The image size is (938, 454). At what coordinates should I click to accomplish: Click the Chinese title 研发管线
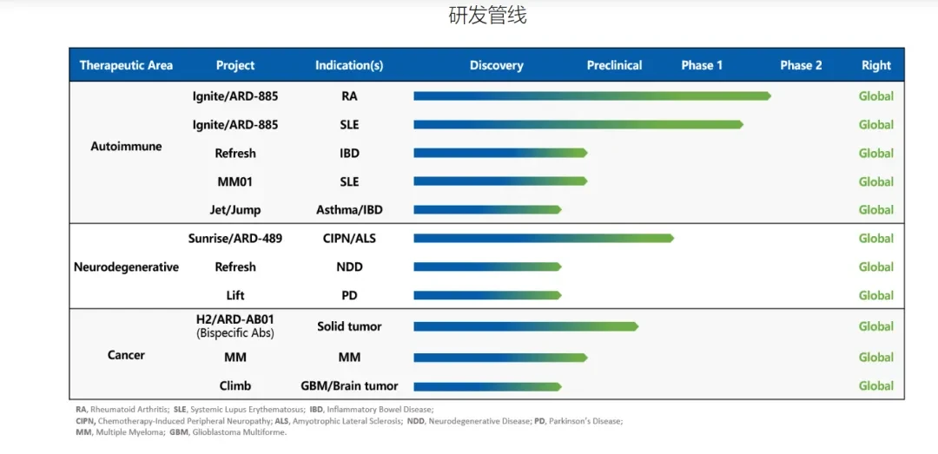[x=487, y=16]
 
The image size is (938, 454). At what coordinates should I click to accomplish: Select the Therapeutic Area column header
[x=126, y=65]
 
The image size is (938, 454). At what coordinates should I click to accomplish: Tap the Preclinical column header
[x=614, y=65]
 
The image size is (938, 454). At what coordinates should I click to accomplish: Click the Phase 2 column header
[x=801, y=65]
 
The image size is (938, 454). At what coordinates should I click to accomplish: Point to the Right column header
[x=876, y=66]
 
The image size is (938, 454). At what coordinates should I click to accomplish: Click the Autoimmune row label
[x=126, y=146]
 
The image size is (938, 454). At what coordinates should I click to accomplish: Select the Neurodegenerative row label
[x=126, y=266]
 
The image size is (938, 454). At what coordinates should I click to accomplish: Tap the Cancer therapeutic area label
[x=126, y=355]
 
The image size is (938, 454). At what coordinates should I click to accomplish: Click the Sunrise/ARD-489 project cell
[x=235, y=238]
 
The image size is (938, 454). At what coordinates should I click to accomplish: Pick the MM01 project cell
[x=235, y=181]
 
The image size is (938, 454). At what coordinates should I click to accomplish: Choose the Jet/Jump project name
[x=235, y=210]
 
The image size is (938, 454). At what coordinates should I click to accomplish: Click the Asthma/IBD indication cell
[x=349, y=210]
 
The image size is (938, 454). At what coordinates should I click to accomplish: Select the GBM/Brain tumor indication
[x=349, y=385]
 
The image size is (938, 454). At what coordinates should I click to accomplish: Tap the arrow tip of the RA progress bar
[x=770, y=95]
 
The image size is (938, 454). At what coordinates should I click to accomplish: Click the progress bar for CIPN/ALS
[x=544, y=238]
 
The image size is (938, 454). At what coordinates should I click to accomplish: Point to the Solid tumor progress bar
[x=525, y=326]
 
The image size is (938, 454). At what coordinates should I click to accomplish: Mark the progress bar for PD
[x=487, y=295]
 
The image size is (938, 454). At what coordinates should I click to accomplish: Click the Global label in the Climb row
[x=876, y=385]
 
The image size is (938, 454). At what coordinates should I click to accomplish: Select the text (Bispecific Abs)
[x=235, y=333]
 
